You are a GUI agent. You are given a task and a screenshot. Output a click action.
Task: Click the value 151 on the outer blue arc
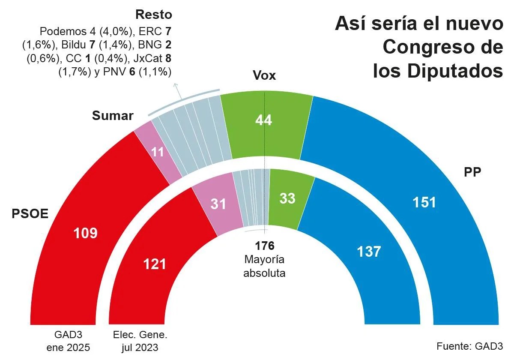pos(424,202)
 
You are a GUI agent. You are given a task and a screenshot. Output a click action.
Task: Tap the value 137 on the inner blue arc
pos(369,251)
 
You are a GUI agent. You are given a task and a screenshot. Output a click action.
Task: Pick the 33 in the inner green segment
pos(287,198)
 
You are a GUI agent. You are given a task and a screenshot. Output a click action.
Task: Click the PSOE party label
pos(30,213)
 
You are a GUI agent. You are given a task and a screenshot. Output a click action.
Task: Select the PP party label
pos(472,172)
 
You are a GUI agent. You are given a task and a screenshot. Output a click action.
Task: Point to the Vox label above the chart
pos(264,76)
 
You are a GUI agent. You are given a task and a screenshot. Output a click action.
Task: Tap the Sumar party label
pos(113,116)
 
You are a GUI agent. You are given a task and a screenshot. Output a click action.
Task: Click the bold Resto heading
pos(153,15)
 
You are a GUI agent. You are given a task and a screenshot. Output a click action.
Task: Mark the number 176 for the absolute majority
pos(264,246)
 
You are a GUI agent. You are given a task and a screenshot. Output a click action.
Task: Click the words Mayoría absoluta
pos(264,266)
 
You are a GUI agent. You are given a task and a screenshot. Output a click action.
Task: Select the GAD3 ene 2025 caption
pos(69,341)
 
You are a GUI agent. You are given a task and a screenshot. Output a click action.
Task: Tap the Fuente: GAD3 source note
pos(469,346)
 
